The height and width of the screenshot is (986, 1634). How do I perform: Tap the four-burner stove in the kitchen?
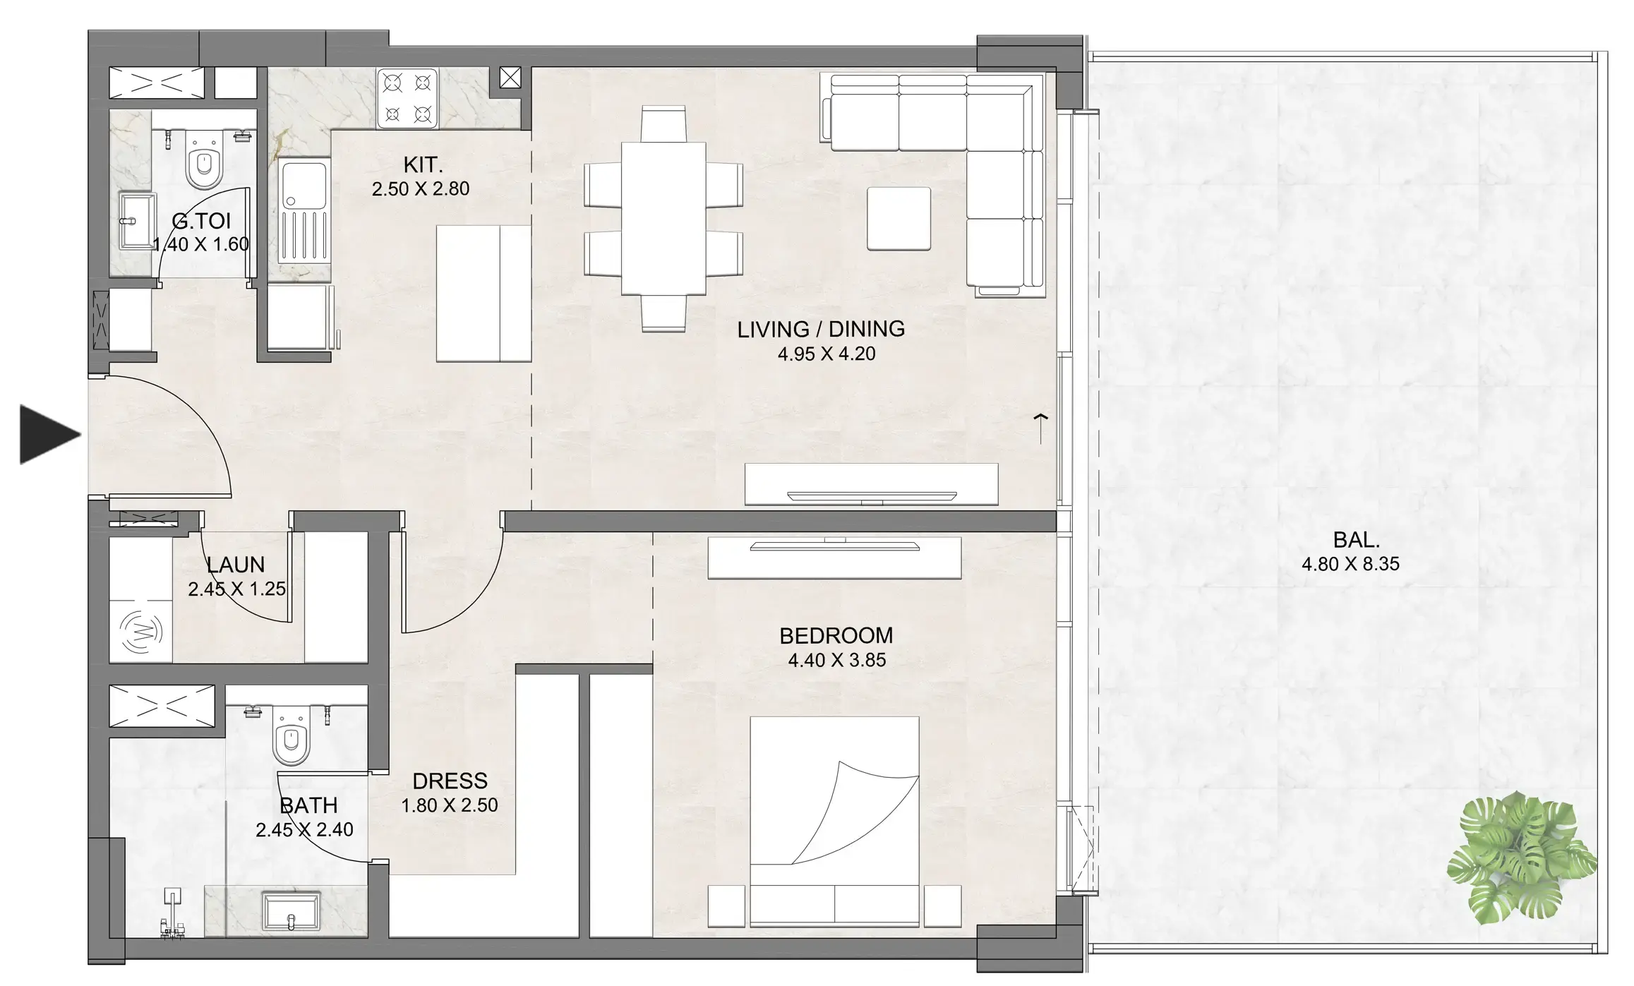click(x=407, y=98)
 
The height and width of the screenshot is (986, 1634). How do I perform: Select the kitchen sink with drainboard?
click(x=304, y=211)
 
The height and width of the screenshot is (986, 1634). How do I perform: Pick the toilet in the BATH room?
click(x=292, y=735)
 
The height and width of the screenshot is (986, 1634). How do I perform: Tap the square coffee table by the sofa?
click(x=899, y=218)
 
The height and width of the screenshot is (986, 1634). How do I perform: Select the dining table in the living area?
click(x=663, y=218)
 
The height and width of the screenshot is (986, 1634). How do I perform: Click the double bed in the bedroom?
click(x=834, y=822)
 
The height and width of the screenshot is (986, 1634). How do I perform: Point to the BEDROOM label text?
click(x=836, y=635)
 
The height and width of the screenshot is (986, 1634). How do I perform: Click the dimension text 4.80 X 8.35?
click(x=1350, y=564)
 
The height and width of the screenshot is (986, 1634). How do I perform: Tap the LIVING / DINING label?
click(x=821, y=329)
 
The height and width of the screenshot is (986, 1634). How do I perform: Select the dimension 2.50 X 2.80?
click(x=421, y=188)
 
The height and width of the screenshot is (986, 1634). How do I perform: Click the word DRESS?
click(x=450, y=781)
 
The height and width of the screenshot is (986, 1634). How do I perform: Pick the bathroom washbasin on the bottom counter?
click(x=291, y=911)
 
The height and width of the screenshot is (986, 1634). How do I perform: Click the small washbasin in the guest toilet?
click(x=135, y=220)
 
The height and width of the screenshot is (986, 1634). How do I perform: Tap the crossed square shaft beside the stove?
click(x=510, y=78)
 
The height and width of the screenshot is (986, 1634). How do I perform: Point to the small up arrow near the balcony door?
click(x=1040, y=428)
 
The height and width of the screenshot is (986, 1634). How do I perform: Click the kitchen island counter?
click(x=483, y=294)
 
